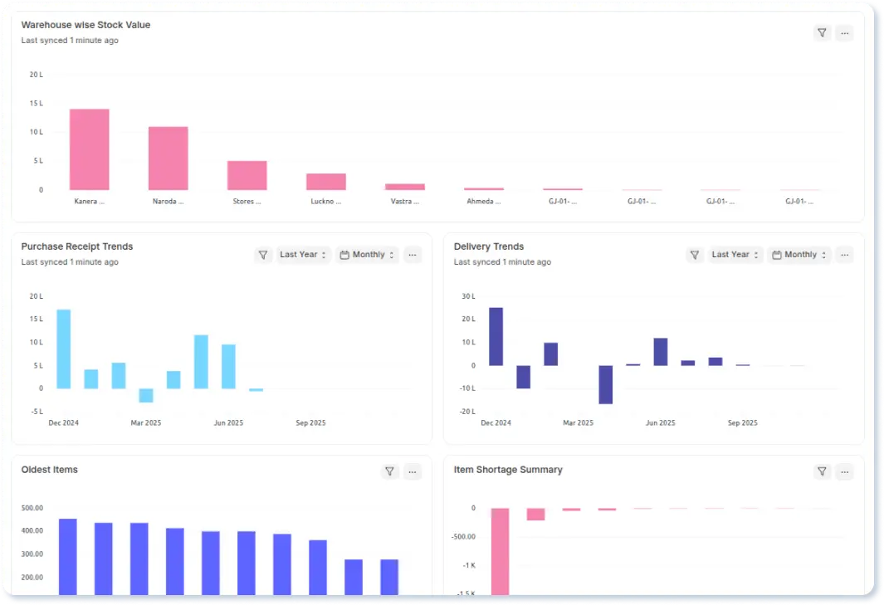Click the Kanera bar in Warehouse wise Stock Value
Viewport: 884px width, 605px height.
pyautogui.click(x=89, y=149)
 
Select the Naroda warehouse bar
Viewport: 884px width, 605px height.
pyautogui.click(x=168, y=159)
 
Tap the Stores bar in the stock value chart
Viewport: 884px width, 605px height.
pyautogui.click(x=247, y=175)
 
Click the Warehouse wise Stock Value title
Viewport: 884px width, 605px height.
pyautogui.click(x=85, y=25)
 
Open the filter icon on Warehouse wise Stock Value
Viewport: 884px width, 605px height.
pyautogui.click(x=822, y=33)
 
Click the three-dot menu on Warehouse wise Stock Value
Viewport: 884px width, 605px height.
pyautogui.click(x=844, y=33)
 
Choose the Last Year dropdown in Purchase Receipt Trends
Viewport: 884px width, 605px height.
pyautogui.click(x=304, y=255)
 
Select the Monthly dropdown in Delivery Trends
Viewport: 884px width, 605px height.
pyautogui.click(x=799, y=255)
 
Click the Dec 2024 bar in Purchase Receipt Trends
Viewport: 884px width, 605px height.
pyautogui.click(x=63, y=349)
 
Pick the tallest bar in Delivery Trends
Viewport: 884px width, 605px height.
pyautogui.click(x=496, y=336)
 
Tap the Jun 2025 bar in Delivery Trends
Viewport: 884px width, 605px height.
pyautogui.click(x=661, y=352)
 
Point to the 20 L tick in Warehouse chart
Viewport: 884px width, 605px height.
pyautogui.click(x=36, y=75)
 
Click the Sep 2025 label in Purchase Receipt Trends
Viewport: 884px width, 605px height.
pyautogui.click(x=310, y=423)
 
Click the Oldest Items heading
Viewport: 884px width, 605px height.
pyautogui.click(x=49, y=470)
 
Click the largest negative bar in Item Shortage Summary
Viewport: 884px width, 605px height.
pyautogui.click(x=499, y=551)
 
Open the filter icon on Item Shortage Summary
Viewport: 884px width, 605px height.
pyautogui.click(x=822, y=471)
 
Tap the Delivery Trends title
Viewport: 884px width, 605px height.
pyautogui.click(x=488, y=246)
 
